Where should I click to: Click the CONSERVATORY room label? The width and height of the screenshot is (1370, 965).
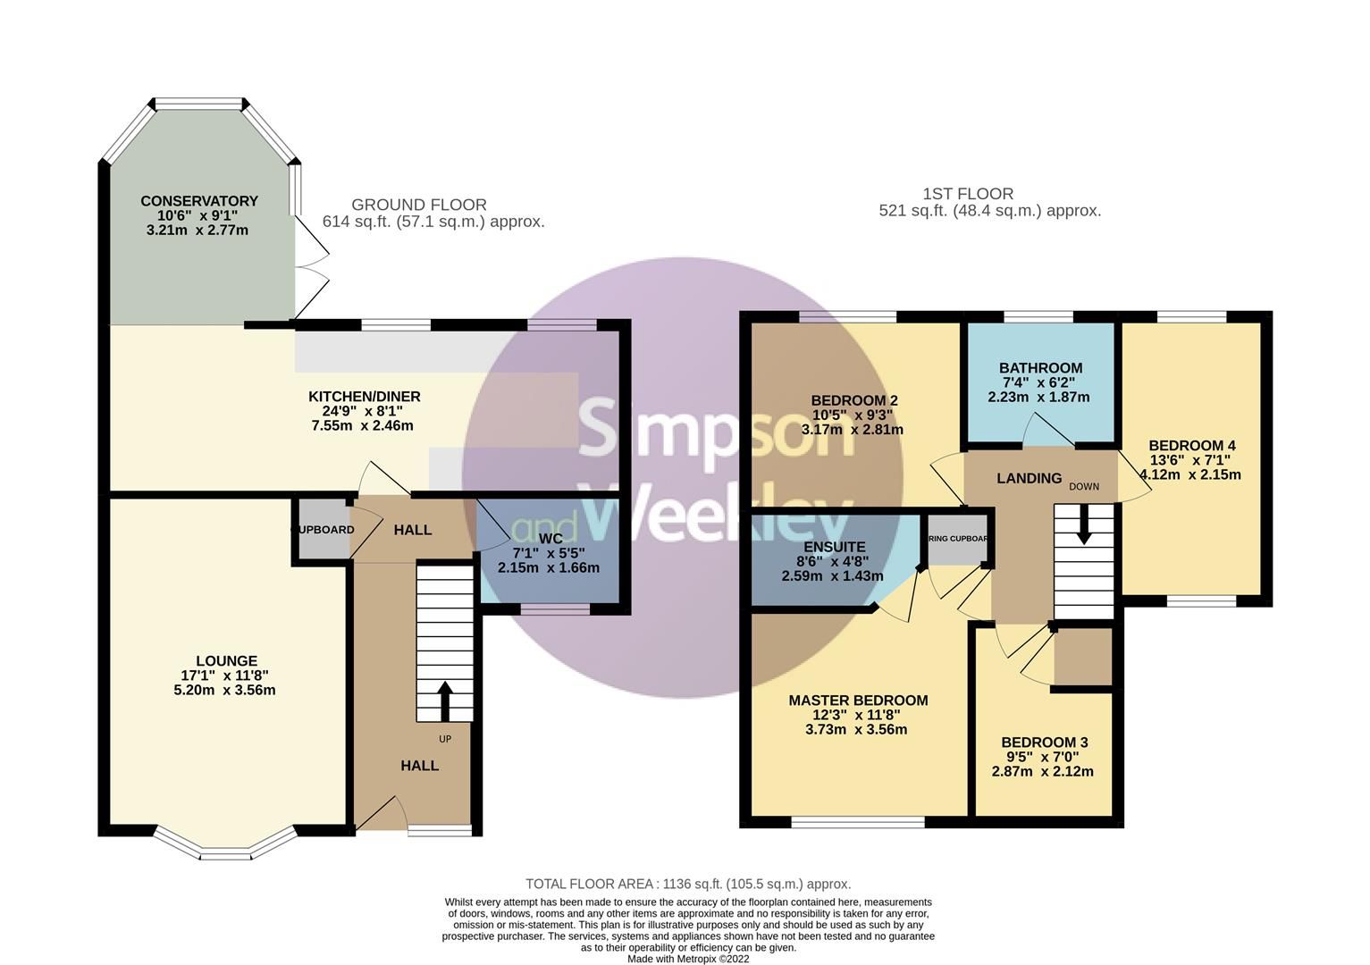(x=198, y=201)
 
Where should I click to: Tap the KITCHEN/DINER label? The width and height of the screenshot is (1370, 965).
(x=364, y=397)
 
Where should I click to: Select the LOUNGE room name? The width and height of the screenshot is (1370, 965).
(x=228, y=661)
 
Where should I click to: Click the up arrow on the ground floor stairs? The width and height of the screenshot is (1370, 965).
(x=444, y=700)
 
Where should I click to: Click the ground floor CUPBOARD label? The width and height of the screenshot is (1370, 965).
(x=323, y=530)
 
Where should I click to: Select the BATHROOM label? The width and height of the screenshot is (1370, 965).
(x=1040, y=368)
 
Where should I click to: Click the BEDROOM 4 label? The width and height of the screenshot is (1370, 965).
(x=1191, y=446)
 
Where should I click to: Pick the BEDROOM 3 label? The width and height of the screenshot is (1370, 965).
(x=1044, y=743)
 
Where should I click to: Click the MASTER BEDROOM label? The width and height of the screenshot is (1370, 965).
(x=857, y=701)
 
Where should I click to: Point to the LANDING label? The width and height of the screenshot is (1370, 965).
(x=1029, y=479)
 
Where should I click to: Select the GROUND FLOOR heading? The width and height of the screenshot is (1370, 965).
(x=418, y=205)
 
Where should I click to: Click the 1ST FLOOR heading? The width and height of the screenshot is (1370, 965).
(x=967, y=194)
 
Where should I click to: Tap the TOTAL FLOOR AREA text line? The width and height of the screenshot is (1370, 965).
(x=687, y=884)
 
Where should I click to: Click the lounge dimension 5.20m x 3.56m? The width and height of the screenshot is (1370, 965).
(x=224, y=690)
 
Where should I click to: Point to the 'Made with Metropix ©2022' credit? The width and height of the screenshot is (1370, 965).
(x=687, y=959)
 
